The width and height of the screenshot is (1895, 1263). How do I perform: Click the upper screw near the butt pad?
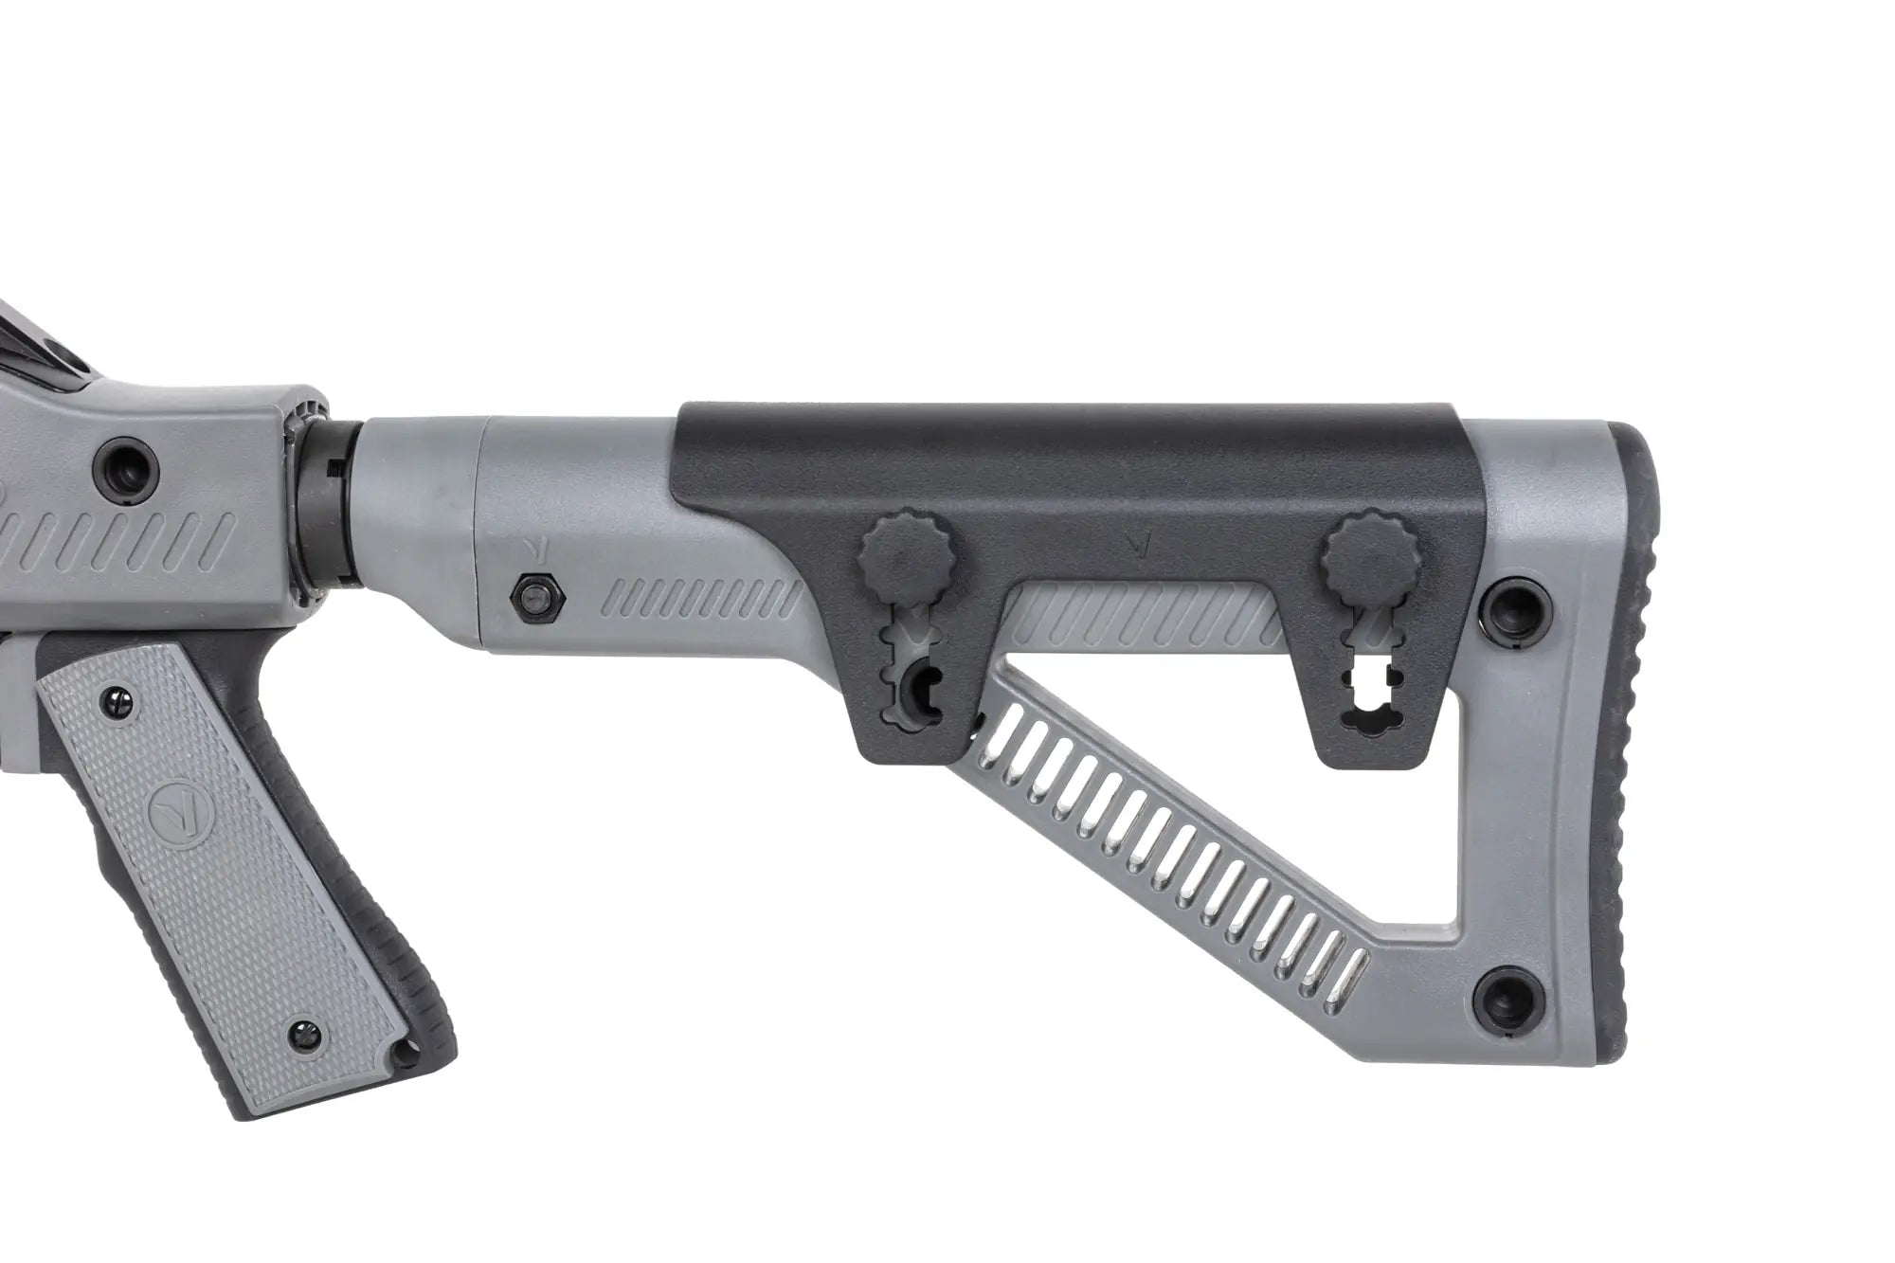pyautogui.click(x=1518, y=603)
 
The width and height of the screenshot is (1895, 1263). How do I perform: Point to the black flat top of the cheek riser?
pyautogui.click(x=1071, y=460)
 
